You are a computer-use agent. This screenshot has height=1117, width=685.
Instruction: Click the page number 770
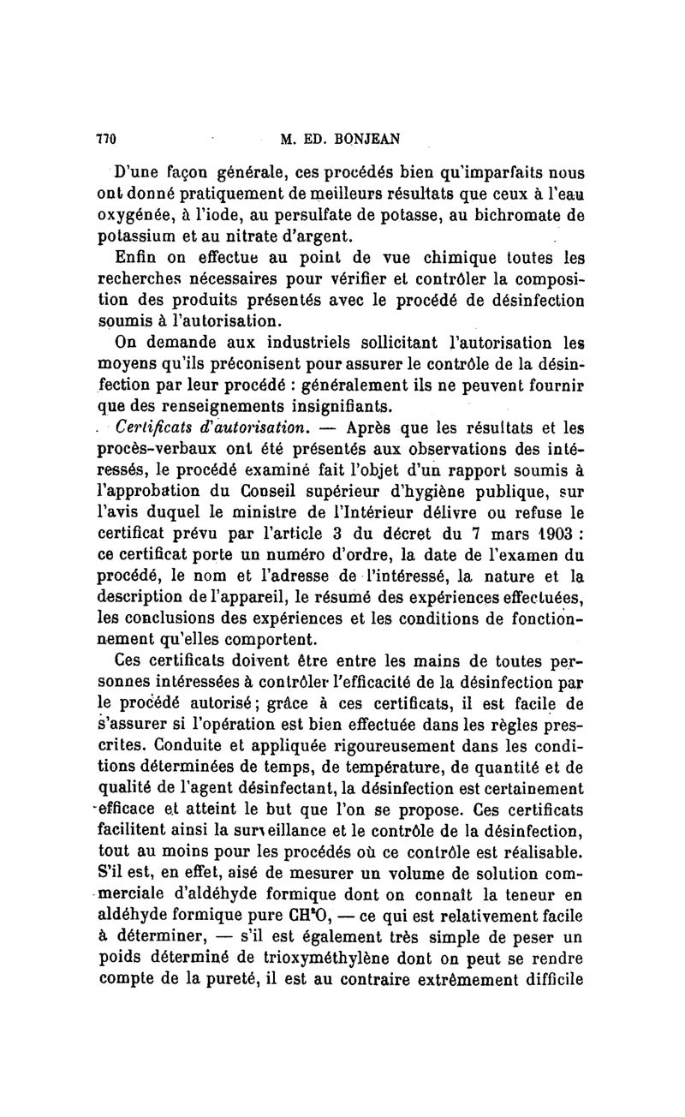(105, 139)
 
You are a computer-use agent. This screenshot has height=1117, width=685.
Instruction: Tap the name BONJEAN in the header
(372, 139)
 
